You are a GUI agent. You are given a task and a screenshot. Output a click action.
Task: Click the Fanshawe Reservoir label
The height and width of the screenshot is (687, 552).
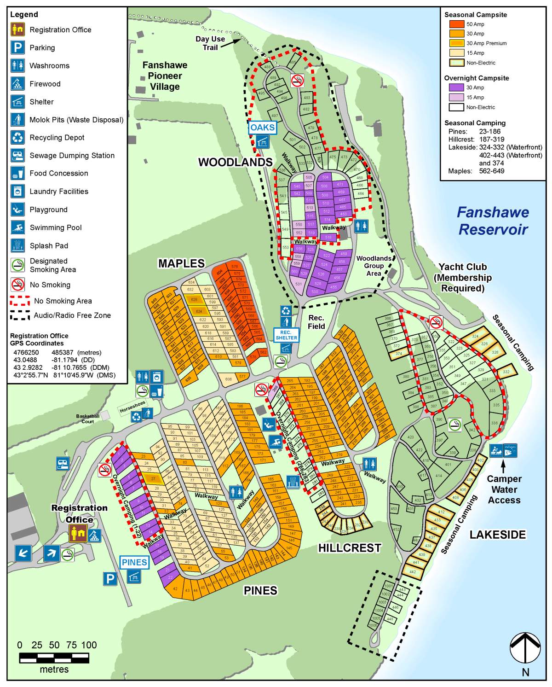click(493, 221)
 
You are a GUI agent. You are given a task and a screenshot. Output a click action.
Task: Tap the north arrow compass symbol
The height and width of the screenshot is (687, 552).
click(525, 648)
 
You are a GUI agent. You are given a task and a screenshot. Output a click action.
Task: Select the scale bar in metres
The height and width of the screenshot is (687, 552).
click(54, 658)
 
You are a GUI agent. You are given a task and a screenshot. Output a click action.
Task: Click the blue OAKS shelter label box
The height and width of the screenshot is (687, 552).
click(262, 128)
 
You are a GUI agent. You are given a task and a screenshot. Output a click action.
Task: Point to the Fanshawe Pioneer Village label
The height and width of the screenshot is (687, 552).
click(165, 76)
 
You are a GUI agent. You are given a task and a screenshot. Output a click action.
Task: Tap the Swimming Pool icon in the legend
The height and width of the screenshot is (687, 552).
click(17, 227)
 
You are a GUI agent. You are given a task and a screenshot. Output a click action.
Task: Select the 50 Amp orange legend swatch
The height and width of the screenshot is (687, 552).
click(457, 24)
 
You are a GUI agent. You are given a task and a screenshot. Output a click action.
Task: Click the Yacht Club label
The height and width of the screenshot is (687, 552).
click(462, 277)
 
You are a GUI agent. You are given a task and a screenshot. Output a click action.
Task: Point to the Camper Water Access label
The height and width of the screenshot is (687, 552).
click(504, 489)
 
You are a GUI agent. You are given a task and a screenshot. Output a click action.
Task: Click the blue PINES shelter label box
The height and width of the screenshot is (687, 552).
click(134, 562)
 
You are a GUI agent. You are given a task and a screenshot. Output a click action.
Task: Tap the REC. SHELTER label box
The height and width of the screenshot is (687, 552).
click(286, 335)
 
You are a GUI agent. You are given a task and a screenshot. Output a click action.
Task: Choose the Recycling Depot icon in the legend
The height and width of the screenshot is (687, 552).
click(17, 137)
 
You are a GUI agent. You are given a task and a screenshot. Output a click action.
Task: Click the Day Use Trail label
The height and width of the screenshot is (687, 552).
click(210, 43)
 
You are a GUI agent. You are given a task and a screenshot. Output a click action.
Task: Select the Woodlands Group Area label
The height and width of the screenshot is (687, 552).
click(374, 266)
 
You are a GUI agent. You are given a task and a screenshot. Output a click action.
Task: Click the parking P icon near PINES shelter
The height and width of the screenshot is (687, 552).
click(109, 578)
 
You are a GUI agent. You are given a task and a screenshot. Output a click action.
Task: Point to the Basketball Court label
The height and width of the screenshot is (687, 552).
click(87, 419)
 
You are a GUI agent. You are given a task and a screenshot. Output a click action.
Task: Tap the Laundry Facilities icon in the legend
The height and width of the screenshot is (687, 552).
click(17, 191)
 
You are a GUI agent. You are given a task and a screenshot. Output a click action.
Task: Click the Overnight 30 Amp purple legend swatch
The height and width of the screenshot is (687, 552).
click(456, 87)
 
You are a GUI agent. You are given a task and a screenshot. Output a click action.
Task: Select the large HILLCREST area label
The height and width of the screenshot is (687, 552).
click(350, 548)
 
